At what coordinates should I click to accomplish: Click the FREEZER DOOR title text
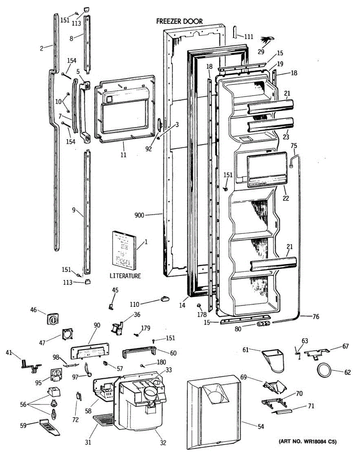coord(179,22)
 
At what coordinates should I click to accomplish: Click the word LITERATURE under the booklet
coord(125,276)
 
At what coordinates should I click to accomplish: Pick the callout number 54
coord(260,427)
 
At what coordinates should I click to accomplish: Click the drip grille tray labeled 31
coord(104,420)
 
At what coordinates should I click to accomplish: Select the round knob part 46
coord(53,320)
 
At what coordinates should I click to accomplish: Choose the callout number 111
coord(248,37)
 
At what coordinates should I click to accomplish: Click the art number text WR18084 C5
coord(308,442)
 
